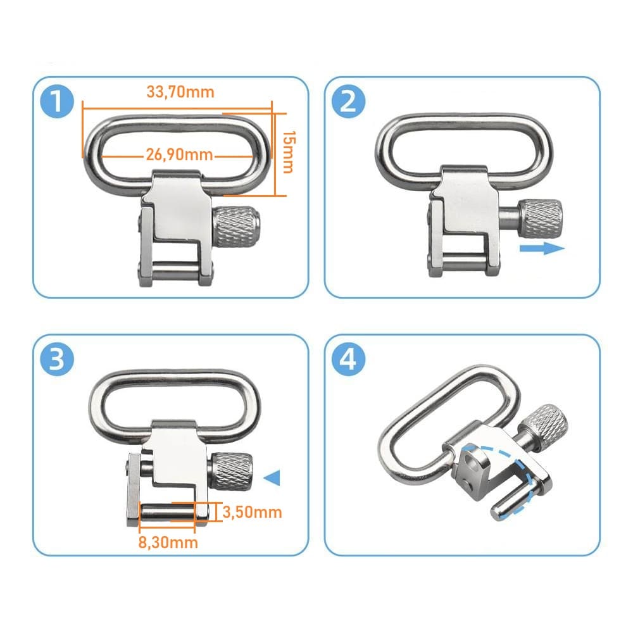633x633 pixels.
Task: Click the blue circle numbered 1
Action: [x=58, y=101]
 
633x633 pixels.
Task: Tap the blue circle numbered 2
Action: [x=348, y=101]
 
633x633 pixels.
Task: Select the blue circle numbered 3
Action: [x=58, y=359]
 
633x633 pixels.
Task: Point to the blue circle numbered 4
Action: [x=348, y=359]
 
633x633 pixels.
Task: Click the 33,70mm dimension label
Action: [x=180, y=92]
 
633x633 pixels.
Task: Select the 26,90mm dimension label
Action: [x=179, y=154]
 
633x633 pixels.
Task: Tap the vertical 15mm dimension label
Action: [x=289, y=152]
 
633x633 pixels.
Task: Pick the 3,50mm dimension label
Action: [x=252, y=512]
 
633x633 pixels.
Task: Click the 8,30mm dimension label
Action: [x=168, y=542]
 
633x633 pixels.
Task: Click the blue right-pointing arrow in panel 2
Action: [x=542, y=248]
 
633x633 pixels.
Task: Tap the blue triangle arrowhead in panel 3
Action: [x=272, y=478]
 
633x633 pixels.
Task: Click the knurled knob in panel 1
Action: [x=235, y=227]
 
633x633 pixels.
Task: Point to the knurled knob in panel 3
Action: [x=231, y=471]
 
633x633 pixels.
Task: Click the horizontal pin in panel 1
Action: [x=175, y=267]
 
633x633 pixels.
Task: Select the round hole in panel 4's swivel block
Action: [x=470, y=460]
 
